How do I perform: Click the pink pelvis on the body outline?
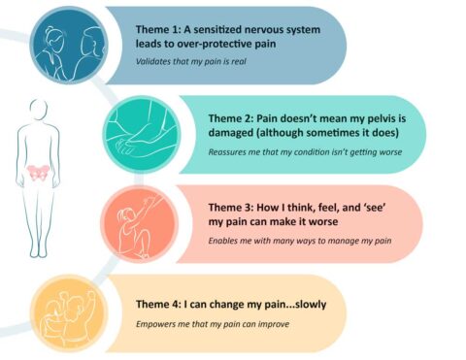click(41, 172)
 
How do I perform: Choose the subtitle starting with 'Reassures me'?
click(302, 152)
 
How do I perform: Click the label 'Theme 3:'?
click(233, 208)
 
